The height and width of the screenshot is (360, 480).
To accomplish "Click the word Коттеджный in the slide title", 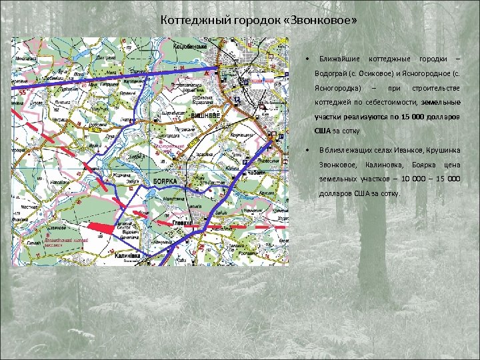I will click(x=189, y=20).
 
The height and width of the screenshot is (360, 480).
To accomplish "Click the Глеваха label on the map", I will click(x=183, y=223).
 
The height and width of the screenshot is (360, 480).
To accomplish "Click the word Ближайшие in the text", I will click(x=340, y=58).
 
